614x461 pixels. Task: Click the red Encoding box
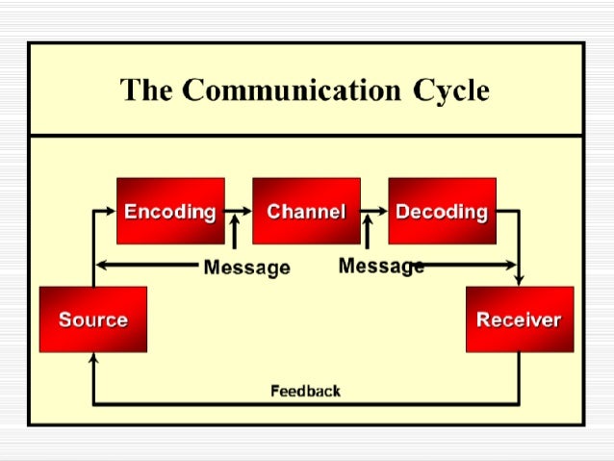point(170,211)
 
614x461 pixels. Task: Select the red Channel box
point(306,211)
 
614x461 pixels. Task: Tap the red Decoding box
point(442,211)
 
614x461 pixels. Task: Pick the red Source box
point(92,319)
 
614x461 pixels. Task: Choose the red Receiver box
point(519,319)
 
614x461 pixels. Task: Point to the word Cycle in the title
point(451,90)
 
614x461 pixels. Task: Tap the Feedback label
point(305,391)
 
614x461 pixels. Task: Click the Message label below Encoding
point(246,268)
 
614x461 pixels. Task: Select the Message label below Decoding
point(381,266)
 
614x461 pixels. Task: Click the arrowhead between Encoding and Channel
point(246,211)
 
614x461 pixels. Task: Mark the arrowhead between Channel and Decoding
point(382,211)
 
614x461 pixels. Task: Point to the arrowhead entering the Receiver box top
point(519,280)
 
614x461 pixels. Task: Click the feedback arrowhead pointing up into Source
point(92,358)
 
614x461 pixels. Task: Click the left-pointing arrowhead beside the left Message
point(101,265)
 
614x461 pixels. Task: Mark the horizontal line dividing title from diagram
point(306,136)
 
